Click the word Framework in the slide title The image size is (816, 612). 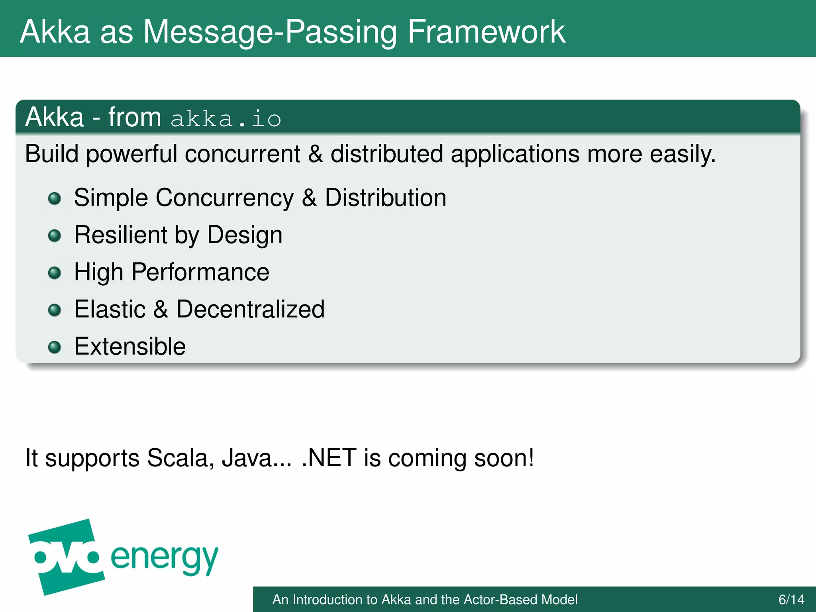[x=486, y=31]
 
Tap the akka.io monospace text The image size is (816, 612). [x=226, y=119]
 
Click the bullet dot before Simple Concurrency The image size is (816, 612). [x=55, y=198]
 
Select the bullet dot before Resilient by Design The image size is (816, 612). [x=55, y=235]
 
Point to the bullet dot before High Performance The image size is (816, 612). [x=55, y=273]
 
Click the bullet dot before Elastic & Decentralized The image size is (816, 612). [x=55, y=310]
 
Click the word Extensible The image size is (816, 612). [x=130, y=346]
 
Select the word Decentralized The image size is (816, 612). [x=251, y=309]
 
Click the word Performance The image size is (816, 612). [x=200, y=272]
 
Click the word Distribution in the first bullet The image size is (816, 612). [x=386, y=197]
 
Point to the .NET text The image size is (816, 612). [x=329, y=457]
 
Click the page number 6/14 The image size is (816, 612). [x=791, y=599]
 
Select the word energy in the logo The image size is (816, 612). [x=165, y=558]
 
